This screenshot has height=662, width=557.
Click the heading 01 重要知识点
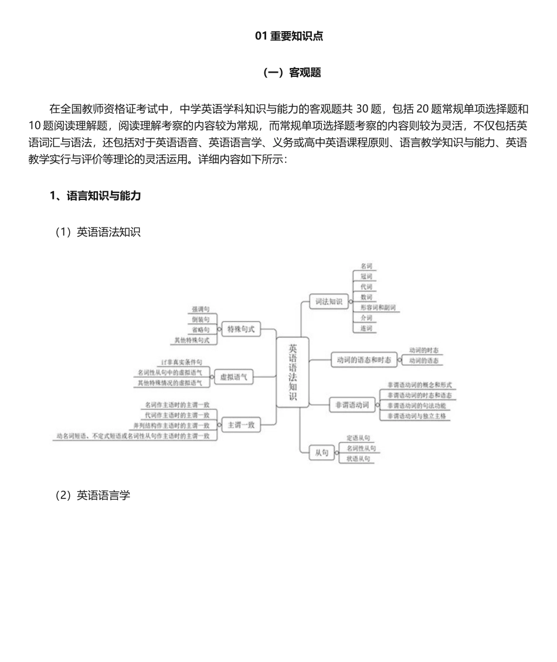[x=289, y=36]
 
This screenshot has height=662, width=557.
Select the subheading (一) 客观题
[x=292, y=73]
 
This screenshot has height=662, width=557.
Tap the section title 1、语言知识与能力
[x=95, y=196]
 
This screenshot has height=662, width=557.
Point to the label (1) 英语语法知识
[x=97, y=232]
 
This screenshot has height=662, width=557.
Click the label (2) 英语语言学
[x=92, y=495]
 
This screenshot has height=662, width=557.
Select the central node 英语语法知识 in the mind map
[x=293, y=372]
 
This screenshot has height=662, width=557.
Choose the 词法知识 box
[x=328, y=301]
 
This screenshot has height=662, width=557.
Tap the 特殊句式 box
[x=240, y=329]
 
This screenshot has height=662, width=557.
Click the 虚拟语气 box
[x=233, y=376]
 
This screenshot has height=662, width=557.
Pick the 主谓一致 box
[x=240, y=424]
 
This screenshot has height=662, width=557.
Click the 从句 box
[x=321, y=452]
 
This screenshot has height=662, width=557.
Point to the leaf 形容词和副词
[x=378, y=307]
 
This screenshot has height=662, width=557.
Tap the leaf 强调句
[x=201, y=308]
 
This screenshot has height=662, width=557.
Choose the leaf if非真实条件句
[x=182, y=362]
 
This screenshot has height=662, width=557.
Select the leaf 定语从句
[x=358, y=438]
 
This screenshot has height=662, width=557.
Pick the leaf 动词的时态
[x=424, y=349]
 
